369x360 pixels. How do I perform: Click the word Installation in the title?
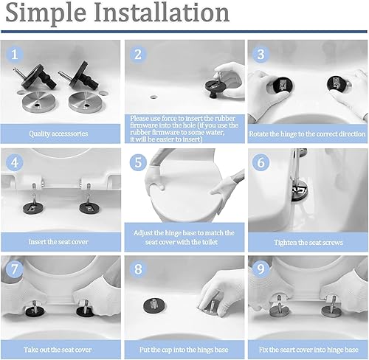[162, 12]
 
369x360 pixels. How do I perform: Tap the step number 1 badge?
[15, 55]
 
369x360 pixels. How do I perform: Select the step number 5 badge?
[138, 162]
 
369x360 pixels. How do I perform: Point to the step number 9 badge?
[261, 269]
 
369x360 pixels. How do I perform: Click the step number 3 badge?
[261, 55]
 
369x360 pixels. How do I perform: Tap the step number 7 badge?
[15, 269]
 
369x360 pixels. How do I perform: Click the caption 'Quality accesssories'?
[58, 134]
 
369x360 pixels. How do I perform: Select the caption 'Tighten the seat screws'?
[308, 243]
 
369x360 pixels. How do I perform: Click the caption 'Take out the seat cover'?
[58, 350]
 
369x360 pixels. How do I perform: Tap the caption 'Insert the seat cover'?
[58, 242]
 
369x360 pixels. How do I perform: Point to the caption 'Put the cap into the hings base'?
[184, 350]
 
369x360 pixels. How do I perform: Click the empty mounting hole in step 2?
[154, 97]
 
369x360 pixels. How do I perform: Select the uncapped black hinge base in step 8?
[154, 305]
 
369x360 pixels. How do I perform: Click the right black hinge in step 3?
[336, 83]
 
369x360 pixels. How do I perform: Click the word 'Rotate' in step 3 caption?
[258, 134]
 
